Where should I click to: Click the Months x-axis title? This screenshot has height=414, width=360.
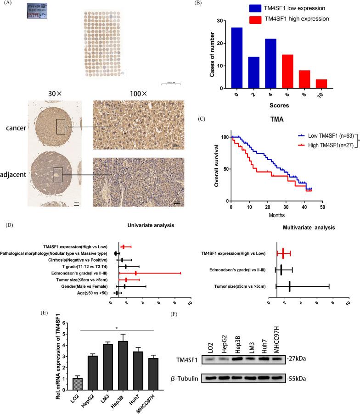[276, 215]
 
